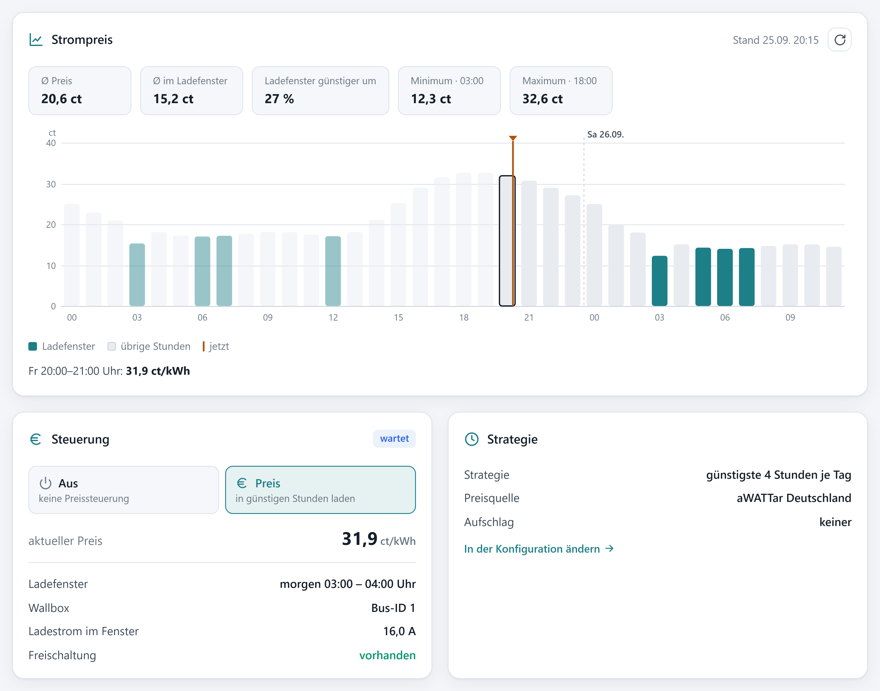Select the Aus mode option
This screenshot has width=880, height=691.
124,490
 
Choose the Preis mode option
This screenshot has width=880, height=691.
320,490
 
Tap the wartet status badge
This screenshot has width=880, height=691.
394,439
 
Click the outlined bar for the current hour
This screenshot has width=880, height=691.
507,241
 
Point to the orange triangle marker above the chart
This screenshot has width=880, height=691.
513,138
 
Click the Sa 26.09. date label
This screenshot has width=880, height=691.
605,134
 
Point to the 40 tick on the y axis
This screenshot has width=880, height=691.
51,143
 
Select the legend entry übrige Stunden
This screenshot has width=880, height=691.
149,346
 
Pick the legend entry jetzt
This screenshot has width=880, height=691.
216,346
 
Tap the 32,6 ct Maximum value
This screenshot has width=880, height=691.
542,99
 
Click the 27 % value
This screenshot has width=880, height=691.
279,99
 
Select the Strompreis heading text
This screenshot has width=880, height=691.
82,40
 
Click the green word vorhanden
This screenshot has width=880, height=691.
387,655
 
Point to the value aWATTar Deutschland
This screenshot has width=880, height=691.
794,498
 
